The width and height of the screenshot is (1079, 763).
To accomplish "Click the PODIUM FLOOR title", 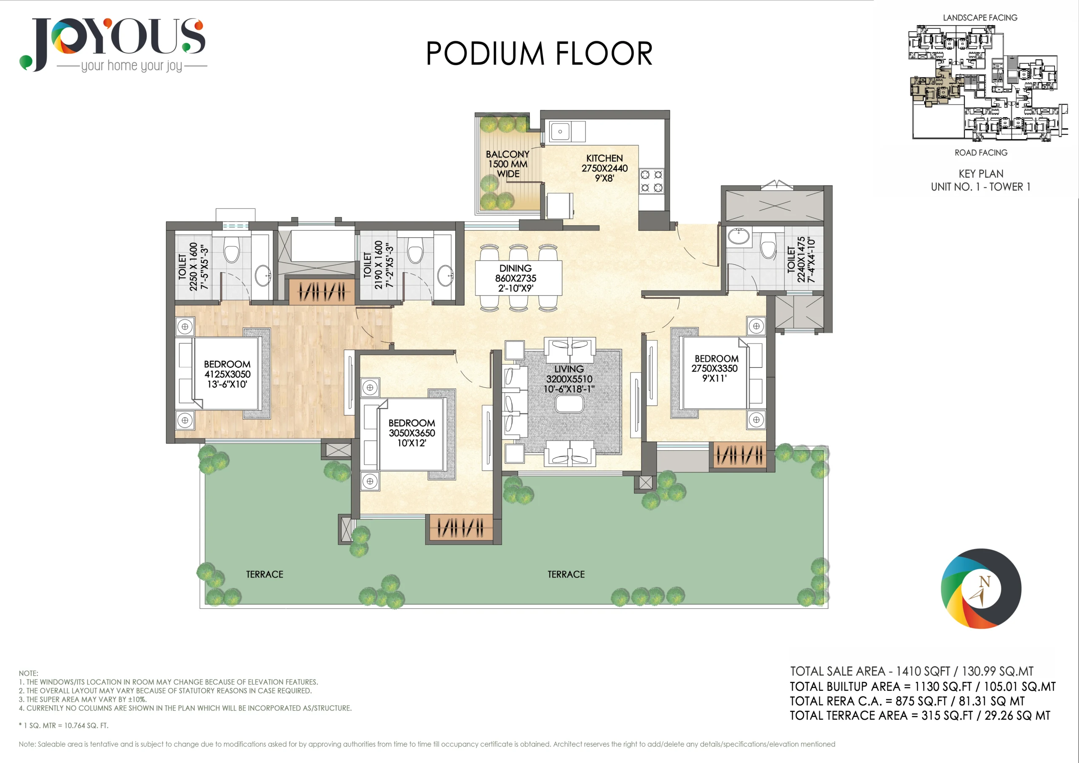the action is click(x=539, y=54).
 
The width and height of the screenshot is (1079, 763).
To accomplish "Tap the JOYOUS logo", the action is click(x=113, y=45).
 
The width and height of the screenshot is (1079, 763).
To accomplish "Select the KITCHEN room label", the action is click(x=604, y=168).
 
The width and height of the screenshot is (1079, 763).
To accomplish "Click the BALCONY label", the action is click(x=507, y=164).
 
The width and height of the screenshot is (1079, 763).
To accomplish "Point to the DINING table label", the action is click(x=515, y=278).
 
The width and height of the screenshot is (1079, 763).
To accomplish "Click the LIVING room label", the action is click(x=569, y=379).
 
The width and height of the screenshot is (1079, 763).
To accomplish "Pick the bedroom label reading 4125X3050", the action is click(x=227, y=374).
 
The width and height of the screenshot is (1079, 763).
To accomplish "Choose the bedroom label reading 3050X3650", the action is click(x=412, y=433).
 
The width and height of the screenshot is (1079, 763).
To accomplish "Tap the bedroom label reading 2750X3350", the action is click(x=715, y=368).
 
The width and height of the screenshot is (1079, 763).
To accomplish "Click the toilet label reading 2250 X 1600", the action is click(x=193, y=266).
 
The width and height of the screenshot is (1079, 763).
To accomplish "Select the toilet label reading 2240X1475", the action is click(x=801, y=260).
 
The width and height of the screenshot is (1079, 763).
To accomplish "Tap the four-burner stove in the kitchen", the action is click(x=652, y=181).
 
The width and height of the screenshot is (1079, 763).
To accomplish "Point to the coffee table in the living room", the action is click(x=569, y=404).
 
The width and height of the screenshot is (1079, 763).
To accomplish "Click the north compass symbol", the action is click(x=981, y=588).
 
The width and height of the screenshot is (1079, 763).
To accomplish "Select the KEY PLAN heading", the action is click(x=981, y=174).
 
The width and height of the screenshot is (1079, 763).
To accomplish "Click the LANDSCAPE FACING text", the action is click(x=980, y=18).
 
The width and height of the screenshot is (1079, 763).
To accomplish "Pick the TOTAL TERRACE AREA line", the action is click(x=920, y=715).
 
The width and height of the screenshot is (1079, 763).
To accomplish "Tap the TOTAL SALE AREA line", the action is click(x=912, y=672).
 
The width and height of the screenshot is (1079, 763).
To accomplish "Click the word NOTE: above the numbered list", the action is click(x=29, y=673).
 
